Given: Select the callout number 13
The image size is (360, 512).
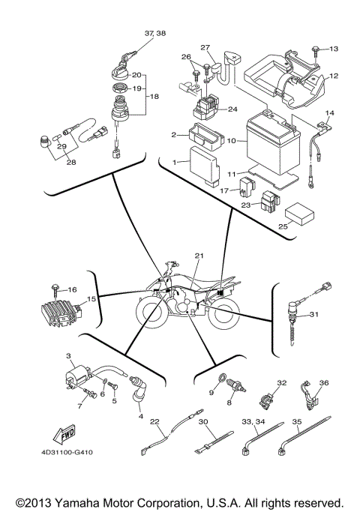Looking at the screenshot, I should click(x=334, y=49).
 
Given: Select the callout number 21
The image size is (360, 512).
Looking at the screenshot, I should click(x=199, y=256).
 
